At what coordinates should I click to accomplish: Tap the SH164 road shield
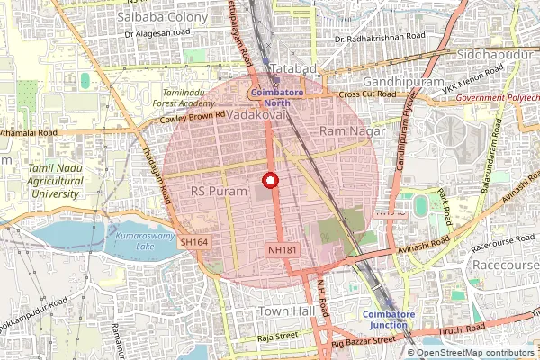click(x=193, y=242)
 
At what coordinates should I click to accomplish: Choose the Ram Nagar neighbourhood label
click(x=353, y=131)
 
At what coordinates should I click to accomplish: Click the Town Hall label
click(x=285, y=310)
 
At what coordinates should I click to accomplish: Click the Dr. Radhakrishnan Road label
click(x=378, y=40)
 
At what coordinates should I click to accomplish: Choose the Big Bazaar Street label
click(x=363, y=341)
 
